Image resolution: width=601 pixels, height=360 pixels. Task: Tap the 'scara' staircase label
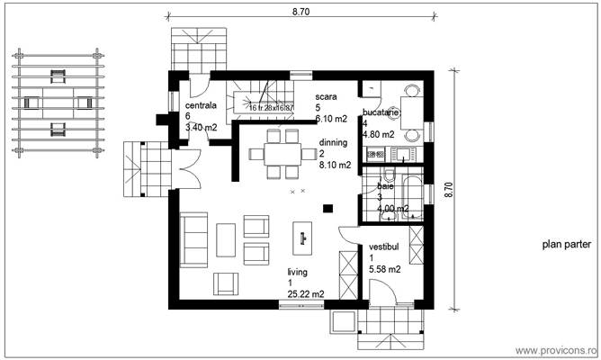pos(326,95)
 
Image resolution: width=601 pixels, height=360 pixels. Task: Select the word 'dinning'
pos(333,142)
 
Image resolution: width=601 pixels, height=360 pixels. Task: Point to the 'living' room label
pos(299,271)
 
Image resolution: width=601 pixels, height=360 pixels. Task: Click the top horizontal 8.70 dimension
pos(301,12)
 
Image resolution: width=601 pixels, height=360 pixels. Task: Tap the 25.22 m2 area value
pos(306,293)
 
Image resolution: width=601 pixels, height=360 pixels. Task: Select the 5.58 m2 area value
pos(385,268)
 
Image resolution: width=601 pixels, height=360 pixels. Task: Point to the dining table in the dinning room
pos(282,149)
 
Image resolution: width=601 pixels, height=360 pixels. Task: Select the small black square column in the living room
pos(327,209)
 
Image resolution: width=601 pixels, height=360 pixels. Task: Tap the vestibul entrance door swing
pos(382,292)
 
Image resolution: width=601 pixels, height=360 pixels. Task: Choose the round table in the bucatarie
pos(410,112)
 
